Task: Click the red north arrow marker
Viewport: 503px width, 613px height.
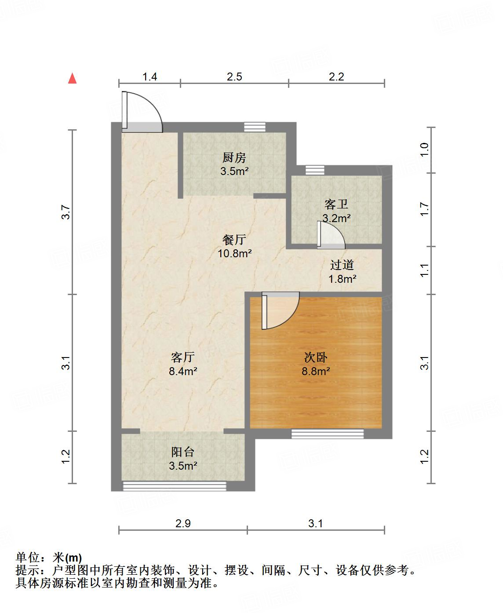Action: [73, 79]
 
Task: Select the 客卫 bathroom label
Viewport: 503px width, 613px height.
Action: [336, 204]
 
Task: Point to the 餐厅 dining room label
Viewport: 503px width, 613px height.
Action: [234, 240]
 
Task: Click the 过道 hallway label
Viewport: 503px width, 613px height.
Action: [342, 265]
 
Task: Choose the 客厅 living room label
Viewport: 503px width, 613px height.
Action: [182, 358]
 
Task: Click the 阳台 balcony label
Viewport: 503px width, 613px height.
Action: [182, 452]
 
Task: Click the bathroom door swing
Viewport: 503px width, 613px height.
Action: [331, 235]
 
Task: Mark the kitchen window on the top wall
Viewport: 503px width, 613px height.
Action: [255, 127]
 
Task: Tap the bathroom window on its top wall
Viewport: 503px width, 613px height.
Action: [314, 169]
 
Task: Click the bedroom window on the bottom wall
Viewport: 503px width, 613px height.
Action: [328, 434]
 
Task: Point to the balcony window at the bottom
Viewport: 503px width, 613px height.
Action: [174, 486]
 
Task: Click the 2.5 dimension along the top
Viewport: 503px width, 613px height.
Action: [234, 77]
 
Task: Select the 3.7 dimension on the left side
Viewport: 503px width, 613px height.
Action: [66, 212]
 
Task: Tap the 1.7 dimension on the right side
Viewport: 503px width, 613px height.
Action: [424, 209]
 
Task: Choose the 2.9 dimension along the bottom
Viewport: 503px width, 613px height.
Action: [183, 523]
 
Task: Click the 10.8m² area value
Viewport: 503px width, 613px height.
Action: [234, 253]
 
